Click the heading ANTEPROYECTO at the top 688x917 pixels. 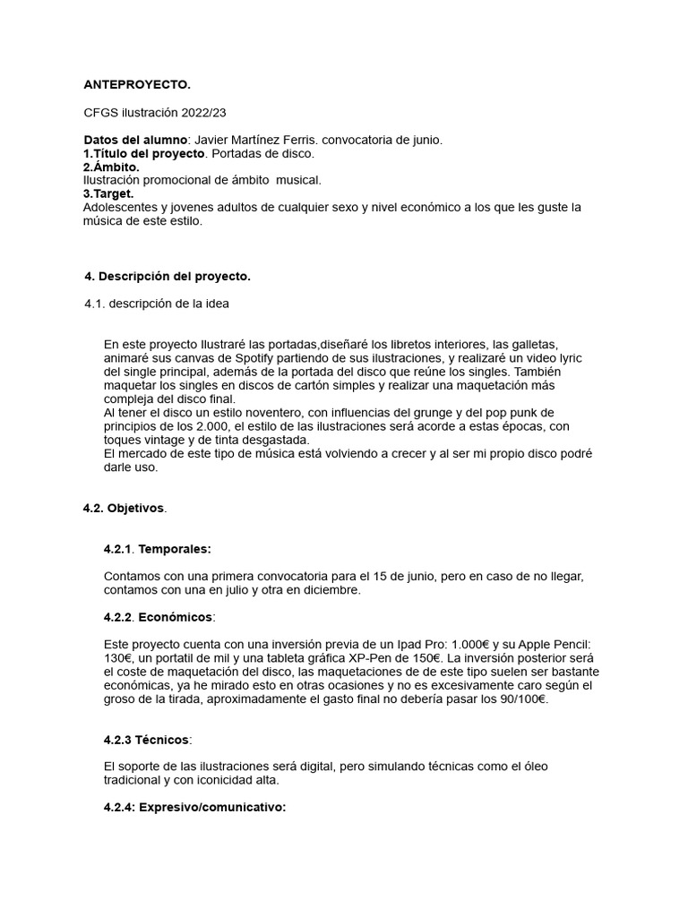point(136,85)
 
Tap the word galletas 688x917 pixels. point(533,345)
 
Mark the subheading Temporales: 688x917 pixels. point(175,548)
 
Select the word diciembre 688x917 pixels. point(329,589)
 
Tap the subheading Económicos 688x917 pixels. point(176,617)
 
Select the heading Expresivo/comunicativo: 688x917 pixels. point(212,808)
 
